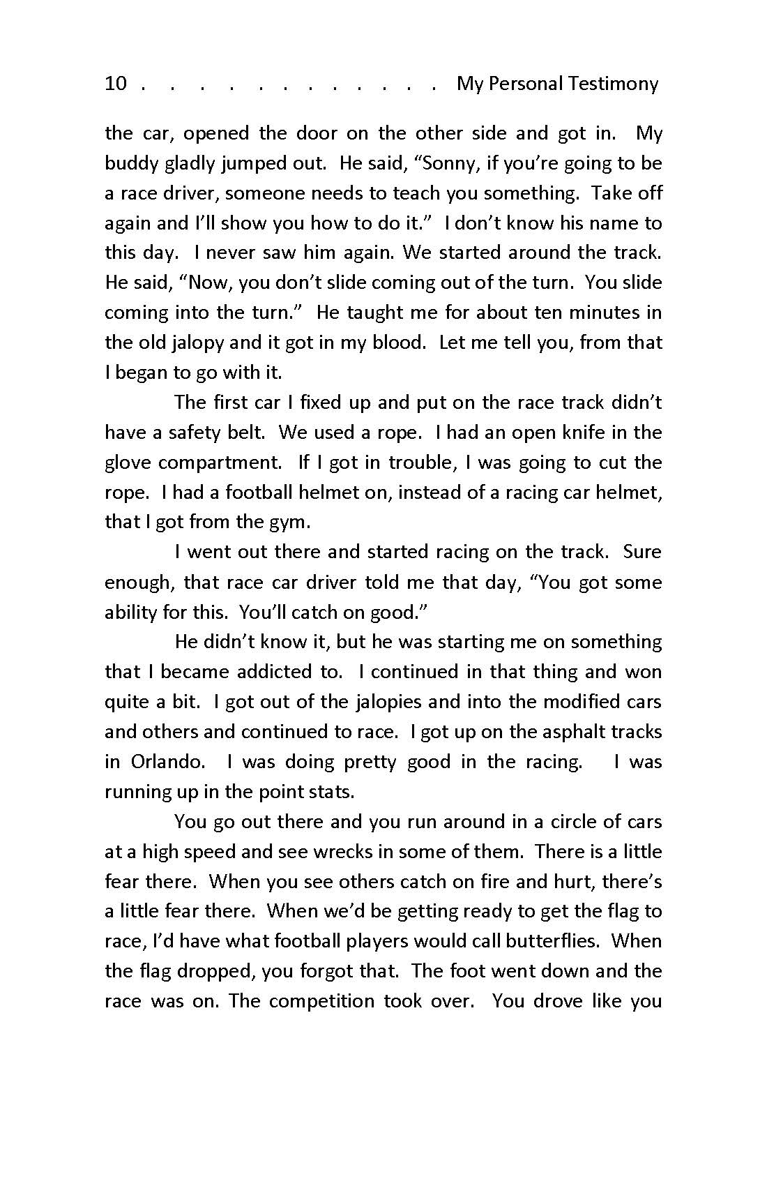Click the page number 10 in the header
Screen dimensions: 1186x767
click(x=116, y=84)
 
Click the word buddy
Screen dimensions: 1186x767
click(x=130, y=163)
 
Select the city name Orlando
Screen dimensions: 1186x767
click(x=167, y=762)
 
